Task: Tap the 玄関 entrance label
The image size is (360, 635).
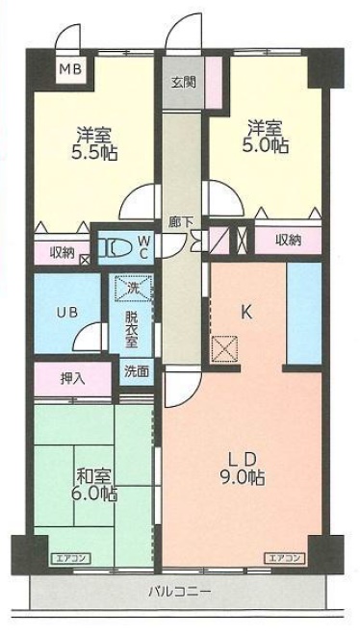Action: [184, 82]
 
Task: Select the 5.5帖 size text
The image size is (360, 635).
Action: [93, 152]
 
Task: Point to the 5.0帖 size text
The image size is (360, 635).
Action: [266, 145]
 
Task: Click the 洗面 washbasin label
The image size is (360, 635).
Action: [136, 370]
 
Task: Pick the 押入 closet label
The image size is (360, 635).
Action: [71, 377]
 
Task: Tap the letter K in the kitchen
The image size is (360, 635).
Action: [245, 311]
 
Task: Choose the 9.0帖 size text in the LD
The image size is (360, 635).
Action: [244, 476]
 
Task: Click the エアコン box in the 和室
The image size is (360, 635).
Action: [69, 557]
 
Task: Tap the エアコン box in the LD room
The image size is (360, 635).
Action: [284, 557]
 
